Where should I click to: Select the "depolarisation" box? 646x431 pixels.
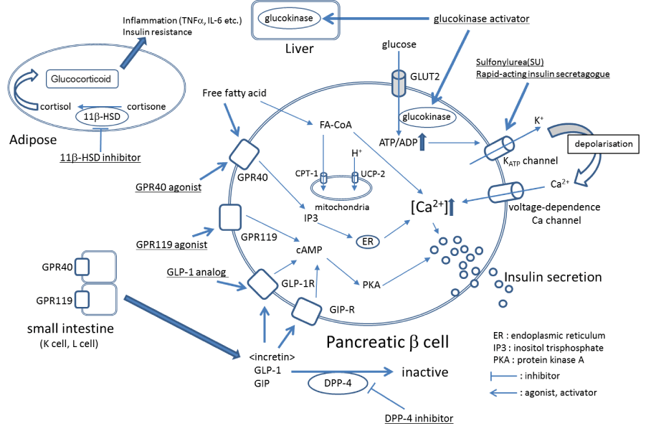click(x=602, y=144)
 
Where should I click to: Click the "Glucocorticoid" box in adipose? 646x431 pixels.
click(x=80, y=80)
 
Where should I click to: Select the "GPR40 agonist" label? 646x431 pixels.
click(x=168, y=187)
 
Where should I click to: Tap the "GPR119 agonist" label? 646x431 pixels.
click(x=171, y=245)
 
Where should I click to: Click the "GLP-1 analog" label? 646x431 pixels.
click(x=196, y=272)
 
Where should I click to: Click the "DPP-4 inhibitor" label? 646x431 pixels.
click(x=418, y=417)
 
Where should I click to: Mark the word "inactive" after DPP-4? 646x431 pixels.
click(x=424, y=372)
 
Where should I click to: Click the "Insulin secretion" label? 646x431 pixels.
click(x=553, y=277)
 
